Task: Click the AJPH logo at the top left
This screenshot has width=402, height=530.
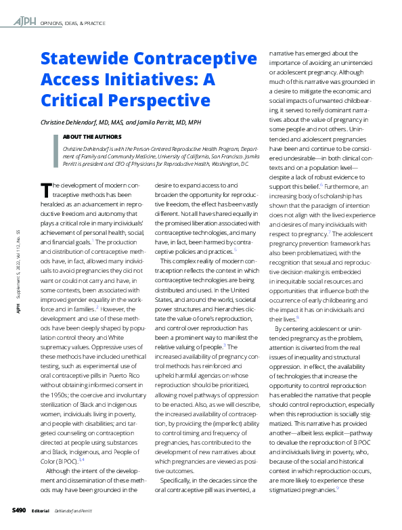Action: point(26,22)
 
